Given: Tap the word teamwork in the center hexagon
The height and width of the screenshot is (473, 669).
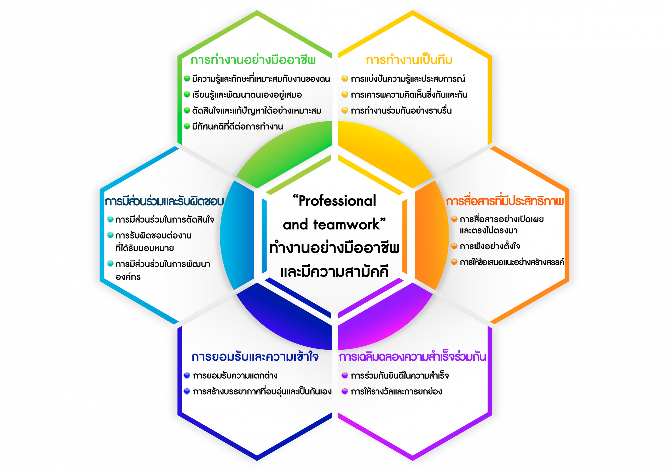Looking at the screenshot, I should click(x=347, y=225).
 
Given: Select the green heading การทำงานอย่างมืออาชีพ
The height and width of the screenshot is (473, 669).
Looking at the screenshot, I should click(x=253, y=60).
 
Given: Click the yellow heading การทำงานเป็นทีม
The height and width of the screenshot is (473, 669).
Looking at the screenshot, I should click(x=409, y=60).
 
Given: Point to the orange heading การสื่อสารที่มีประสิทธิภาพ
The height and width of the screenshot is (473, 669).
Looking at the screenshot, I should click(x=505, y=201).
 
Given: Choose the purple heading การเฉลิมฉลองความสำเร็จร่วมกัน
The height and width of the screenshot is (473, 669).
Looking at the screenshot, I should click(x=412, y=357).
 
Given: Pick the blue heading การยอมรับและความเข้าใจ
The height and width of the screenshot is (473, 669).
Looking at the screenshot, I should click(x=255, y=357).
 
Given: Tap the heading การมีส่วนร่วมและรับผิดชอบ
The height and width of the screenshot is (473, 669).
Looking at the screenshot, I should click(x=164, y=201).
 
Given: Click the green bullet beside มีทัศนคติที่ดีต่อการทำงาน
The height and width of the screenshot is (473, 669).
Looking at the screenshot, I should click(x=187, y=126).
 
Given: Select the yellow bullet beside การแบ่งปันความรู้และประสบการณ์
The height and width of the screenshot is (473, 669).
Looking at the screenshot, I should click(x=345, y=79).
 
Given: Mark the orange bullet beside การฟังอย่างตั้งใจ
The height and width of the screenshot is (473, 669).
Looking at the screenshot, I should click(x=454, y=246).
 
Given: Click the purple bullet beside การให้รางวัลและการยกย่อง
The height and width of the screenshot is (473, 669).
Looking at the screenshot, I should click(x=345, y=391).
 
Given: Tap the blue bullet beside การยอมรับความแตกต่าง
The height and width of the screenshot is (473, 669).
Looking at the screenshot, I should click(x=187, y=375).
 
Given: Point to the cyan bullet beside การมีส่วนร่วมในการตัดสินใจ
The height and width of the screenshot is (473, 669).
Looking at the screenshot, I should click(x=110, y=219).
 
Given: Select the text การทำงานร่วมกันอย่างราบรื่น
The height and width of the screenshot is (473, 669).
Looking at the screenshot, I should click(x=401, y=111).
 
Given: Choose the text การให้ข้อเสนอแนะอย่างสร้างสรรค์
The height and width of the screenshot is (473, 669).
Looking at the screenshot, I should click(x=512, y=262).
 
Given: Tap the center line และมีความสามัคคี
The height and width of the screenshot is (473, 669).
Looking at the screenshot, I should click(x=334, y=272).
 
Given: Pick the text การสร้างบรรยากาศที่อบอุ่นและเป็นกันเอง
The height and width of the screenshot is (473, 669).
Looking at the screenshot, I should click(x=262, y=391).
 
